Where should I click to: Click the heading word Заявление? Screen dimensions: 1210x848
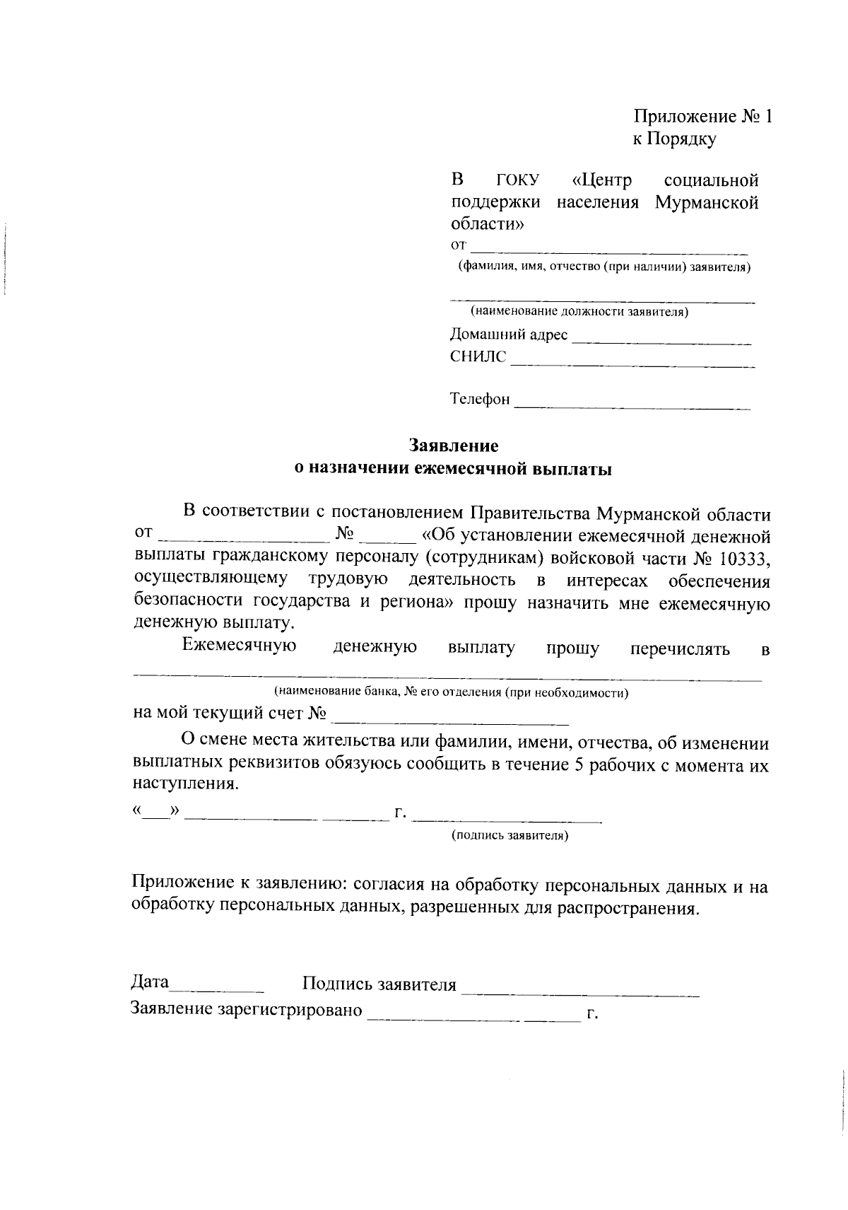coord(454,446)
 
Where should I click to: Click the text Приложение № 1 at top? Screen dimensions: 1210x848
coord(702,117)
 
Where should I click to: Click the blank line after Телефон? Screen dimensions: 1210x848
coord(632,407)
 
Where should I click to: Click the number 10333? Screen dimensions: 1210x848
coord(743,558)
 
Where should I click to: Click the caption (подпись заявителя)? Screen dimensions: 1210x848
coord(510,836)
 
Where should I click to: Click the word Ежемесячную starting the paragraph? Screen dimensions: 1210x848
coord(239,646)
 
